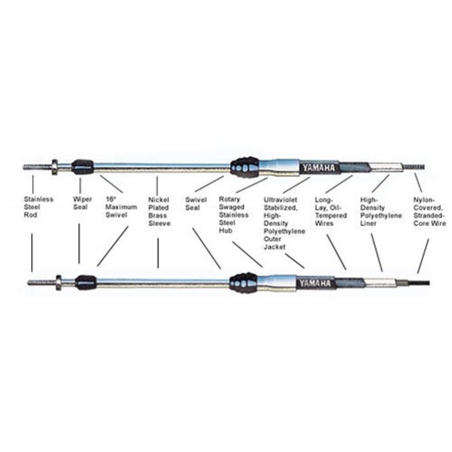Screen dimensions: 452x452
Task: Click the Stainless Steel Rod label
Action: (x=38, y=207)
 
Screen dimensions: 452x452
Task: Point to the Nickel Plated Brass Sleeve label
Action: (x=159, y=211)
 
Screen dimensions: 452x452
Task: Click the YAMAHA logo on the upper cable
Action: (x=317, y=168)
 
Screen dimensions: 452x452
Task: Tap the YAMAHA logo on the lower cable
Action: (x=314, y=283)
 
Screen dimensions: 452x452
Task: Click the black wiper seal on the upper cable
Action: (x=82, y=166)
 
